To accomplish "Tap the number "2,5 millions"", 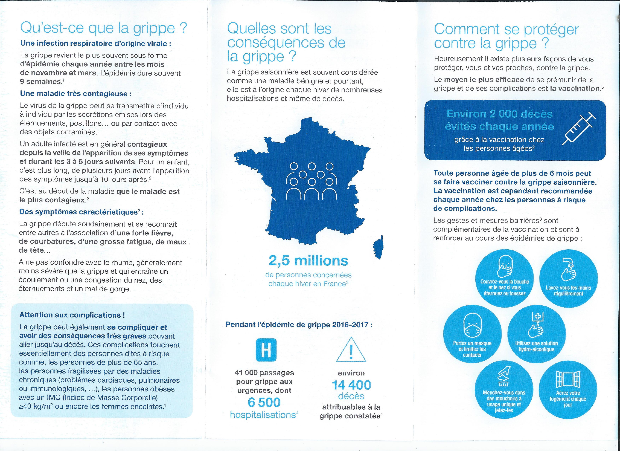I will [x=308, y=261].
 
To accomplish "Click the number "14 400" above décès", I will [x=351, y=385].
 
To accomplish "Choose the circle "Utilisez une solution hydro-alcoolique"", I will [x=536, y=334].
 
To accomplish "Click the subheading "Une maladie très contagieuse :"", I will [x=76, y=94].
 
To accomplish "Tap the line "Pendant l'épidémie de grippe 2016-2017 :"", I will [x=299, y=325].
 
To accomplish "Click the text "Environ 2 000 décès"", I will [x=499, y=114].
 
